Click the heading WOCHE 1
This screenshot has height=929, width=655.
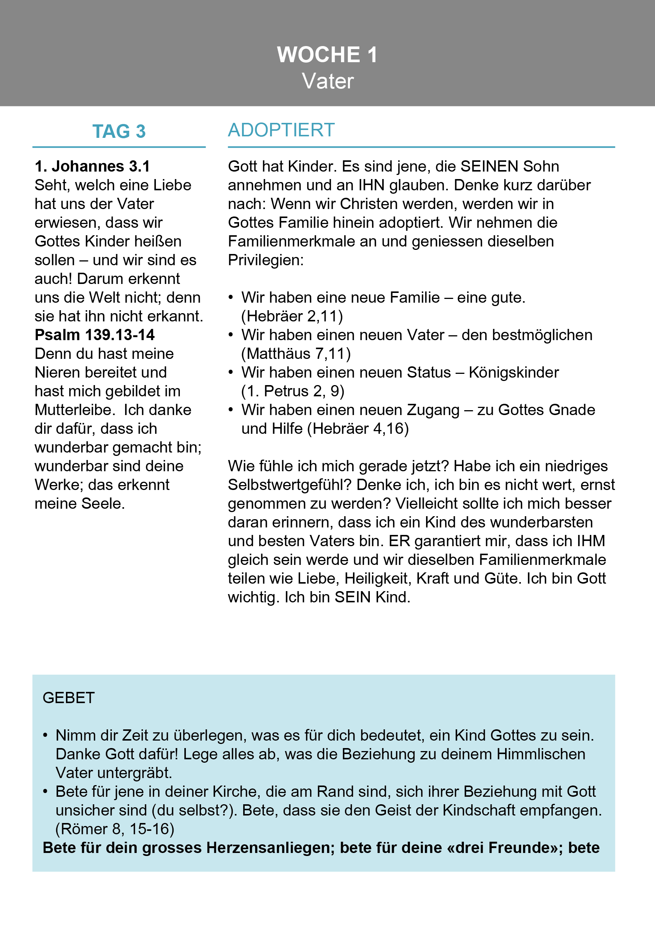coord(327,55)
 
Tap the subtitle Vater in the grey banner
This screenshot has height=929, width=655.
coord(327,81)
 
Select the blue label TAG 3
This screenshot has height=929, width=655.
coord(119,131)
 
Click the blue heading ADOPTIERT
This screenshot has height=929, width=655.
coord(281,130)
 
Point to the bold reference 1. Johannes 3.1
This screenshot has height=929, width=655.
coord(92,166)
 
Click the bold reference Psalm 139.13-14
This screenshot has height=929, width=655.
coord(95,335)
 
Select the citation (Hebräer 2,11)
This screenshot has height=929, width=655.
coord(292,316)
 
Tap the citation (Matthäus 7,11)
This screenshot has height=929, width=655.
coord(296,354)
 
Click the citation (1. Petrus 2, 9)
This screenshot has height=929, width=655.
coord(293,391)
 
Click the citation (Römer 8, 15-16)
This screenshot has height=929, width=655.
coord(115,829)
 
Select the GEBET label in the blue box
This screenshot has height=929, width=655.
coord(69,698)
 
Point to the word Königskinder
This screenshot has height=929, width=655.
coord(514,373)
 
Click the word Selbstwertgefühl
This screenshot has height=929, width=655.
coord(290,485)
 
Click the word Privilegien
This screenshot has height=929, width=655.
coord(266,260)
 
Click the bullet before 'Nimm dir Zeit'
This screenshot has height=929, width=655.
coord(46,735)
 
